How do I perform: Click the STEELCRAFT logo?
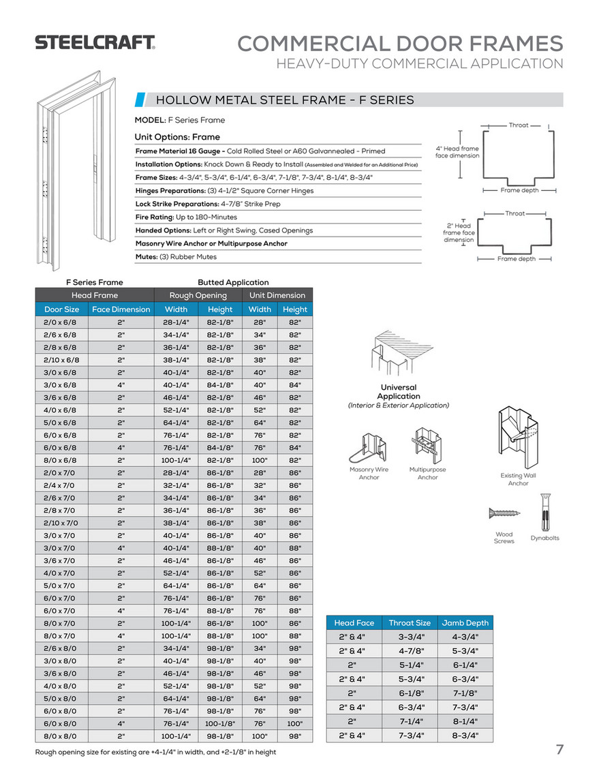click(x=95, y=42)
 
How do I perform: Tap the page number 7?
click(x=559, y=750)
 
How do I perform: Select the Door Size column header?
click(x=62, y=309)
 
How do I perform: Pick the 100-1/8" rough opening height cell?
click(x=219, y=723)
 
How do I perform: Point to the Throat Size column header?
click(x=410, y=623)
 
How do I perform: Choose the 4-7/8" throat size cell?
click(x=410, y=651)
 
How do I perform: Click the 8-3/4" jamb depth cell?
click(x=465, y=735)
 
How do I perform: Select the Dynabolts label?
click(x=544, y=538)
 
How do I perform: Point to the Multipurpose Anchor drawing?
click(x=427, y=444)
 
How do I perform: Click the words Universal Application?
click(x=399, y=392)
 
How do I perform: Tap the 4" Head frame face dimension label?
click(x=457, y=152)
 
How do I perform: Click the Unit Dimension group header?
click(x=277, y=295)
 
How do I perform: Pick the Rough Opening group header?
click(x=198, y=295)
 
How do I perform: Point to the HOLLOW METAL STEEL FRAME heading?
click(x=285, y=100)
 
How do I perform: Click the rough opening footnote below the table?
click(x=156, y=752)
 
